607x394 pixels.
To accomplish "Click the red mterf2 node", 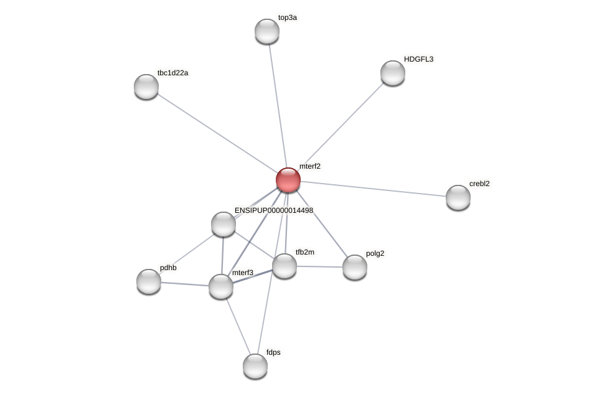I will (288, 180).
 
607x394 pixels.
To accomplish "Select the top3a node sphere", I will (267, 31).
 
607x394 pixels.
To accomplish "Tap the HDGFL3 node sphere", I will (393, 73).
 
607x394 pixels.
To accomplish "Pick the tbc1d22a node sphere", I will (146, 87).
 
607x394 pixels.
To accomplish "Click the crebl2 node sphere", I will (458, 197).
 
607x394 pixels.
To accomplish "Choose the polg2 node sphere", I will (355, 267).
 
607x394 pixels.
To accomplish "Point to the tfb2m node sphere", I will (285, 266).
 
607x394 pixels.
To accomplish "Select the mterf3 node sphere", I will (221, 286).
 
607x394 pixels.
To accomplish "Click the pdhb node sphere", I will (149, 281).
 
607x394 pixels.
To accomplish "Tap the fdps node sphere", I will (255, 366).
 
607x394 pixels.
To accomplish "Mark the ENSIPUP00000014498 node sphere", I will (224, 224).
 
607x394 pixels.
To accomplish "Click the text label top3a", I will (288, 18).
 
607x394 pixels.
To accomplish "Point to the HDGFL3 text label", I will (418, 59).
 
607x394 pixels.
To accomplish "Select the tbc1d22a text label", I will (172, 73).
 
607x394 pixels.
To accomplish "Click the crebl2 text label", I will (479, 184).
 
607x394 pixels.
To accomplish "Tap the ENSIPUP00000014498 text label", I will (274, 210).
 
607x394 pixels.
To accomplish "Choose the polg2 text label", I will (375, 253).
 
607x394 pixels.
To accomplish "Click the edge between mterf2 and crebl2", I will (374, 189).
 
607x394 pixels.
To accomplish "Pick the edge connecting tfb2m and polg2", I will (319, 266).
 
